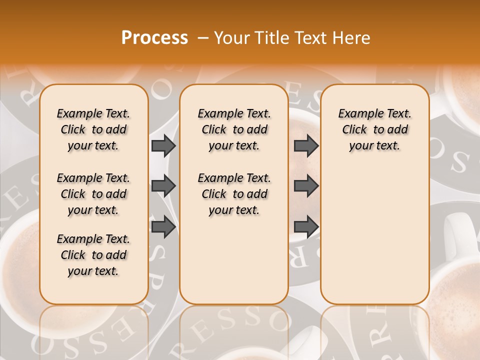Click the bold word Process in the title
click(x=154, y=38)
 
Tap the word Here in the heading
click(x=352, y=38)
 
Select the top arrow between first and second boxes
click(x=163, y=145)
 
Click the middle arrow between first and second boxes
click(x=163, y=186)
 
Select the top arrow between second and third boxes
click(x=306, y=145)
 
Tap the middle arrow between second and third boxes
click(x=306, y=186)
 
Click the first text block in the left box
click(x=93, y=129)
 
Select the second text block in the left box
click(x=93, y=194)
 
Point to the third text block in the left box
click(x=93, y=255)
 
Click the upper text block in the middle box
click(x=234, y=129)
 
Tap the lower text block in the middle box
click(x=234, y=194)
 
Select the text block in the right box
click(x=374, y=129)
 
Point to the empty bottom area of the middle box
click(x=234, y=265)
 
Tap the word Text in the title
click(x=312, y=38)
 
